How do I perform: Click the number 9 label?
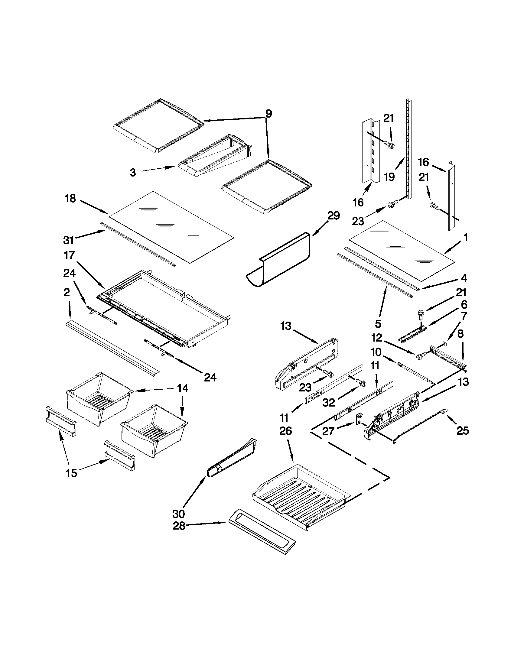pos(268,114)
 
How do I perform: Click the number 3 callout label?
pos(133,173)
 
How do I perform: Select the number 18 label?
pos(70,199)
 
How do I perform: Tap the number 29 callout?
pos(333,216)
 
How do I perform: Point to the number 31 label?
pos(69,240)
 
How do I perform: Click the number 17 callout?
pos(70,255)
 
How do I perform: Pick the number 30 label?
pos(178,514)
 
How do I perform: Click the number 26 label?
pos(285,431)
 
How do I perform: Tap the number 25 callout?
pos(463,430)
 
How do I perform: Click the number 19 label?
pos(389,177)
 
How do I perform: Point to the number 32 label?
pos(329,403)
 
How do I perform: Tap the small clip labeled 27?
pos(359,419)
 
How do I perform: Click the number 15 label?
pos(72,473)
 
